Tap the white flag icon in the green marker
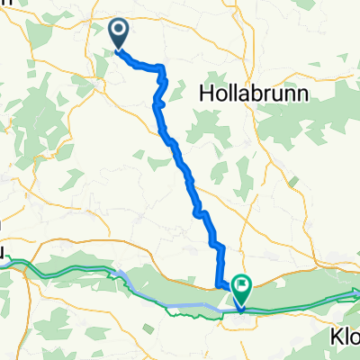242,287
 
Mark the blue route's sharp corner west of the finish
219,286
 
